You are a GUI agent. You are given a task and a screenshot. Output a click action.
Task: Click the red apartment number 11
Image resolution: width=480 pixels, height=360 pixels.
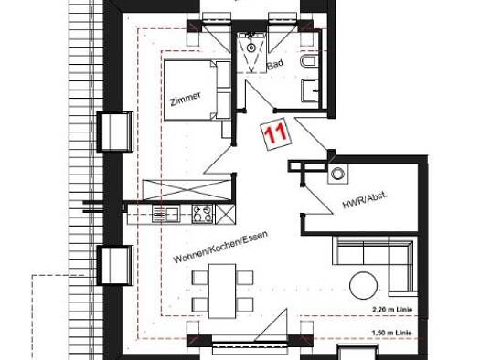pos(276,133)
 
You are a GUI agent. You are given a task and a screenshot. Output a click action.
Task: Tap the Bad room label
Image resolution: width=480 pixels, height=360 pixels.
pos(275,65)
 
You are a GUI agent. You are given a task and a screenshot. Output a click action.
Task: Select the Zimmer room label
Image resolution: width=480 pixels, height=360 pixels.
pos(186,99)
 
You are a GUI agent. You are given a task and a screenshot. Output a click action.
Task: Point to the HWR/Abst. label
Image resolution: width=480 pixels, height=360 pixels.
pos(365,201)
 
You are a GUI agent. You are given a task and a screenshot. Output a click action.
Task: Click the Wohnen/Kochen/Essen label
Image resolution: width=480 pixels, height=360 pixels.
pos(220,247)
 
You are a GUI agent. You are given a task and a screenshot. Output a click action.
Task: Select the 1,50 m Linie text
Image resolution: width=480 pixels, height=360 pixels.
pos(392,333)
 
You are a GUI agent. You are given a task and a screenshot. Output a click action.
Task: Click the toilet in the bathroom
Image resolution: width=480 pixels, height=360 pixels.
pos(309,61)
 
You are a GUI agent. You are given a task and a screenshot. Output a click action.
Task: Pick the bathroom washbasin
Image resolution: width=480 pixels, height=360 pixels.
pos(311,90)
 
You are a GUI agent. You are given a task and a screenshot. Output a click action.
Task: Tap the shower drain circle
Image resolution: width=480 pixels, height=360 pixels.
pos(251,48)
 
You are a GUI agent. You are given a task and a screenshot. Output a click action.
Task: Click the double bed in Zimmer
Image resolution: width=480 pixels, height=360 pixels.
pos(197,90)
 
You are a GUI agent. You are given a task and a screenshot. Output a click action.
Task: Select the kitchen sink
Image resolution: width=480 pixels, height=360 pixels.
pos(165,214)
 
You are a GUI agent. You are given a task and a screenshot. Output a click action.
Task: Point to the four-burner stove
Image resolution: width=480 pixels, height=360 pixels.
pos(202,214)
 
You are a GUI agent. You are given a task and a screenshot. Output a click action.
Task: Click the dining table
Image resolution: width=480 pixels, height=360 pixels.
pos(222,291)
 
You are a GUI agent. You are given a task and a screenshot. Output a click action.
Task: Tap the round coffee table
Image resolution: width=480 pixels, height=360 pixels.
pos(363,286)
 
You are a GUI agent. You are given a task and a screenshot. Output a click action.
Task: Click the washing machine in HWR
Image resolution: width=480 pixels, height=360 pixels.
pos(338,174)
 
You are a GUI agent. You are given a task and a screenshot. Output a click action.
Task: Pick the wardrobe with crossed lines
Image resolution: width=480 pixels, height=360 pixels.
pos(187,190)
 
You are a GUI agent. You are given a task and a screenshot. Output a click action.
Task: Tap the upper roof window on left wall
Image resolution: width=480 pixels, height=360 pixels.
pos(115,132)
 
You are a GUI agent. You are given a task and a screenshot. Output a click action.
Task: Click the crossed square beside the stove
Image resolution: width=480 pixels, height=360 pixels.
pos(225,214)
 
